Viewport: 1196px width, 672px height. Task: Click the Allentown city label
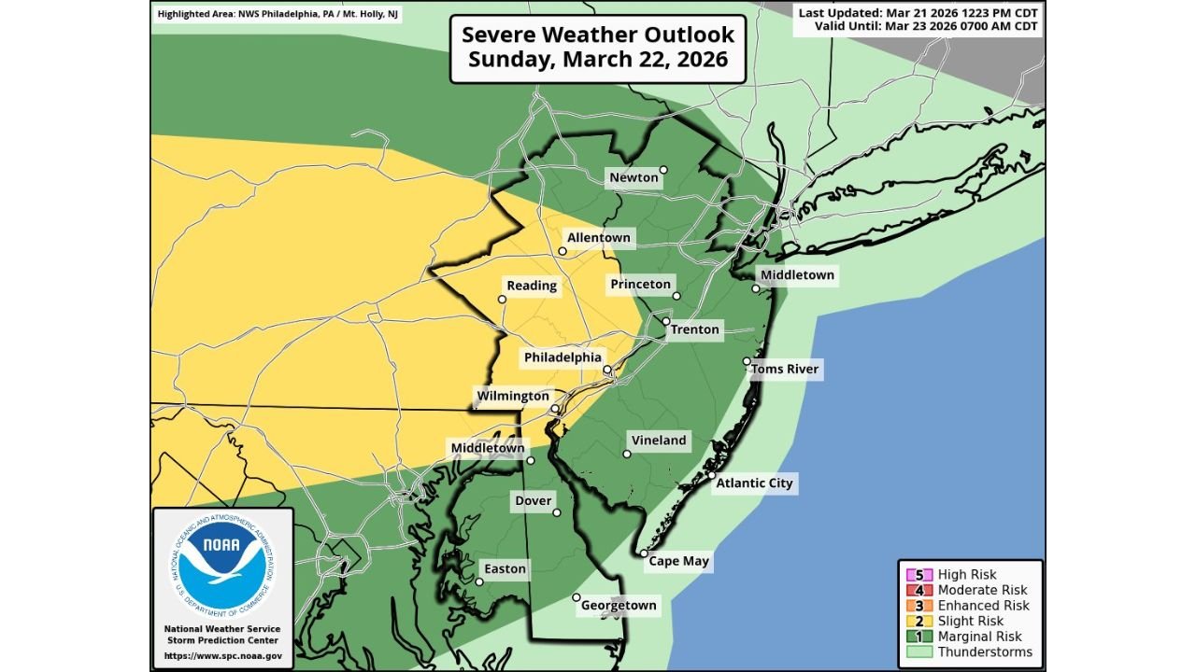[x=599, y=238]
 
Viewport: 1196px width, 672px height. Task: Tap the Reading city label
[x=532, y=286]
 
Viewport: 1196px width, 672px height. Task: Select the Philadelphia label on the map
[x=562, y=357]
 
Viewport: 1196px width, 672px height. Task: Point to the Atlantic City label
[x=754, y=483]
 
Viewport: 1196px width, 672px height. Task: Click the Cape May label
[x=679, y=562]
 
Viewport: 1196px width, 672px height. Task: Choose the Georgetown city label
[x=619, y=606]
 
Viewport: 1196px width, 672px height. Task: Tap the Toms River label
[x=785, y=370]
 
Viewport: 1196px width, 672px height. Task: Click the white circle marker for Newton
[x=663, y=170]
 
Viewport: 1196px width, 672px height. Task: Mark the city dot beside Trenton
[x=666, y=321]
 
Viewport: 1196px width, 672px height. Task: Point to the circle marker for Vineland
[x=627, y=455]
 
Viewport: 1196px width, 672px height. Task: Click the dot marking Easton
[x=479, y=581]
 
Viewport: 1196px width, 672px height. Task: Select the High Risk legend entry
[x=967, y=575]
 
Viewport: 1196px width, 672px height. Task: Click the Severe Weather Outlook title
[x=598, y=49]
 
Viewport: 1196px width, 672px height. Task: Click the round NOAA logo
[x=222, y=565]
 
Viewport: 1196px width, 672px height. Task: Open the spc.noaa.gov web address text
[x=222, y=656]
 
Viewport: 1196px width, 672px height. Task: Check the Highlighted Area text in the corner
[x=278, y=15]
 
